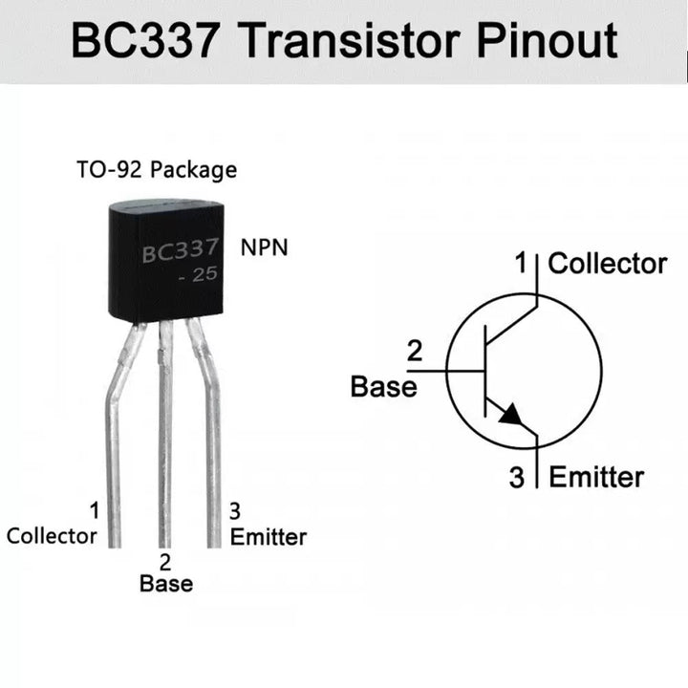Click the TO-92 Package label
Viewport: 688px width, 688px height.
pos(157,171)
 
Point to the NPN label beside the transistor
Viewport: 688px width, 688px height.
pos(264,248)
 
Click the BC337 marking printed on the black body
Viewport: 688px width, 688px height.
pos(181,253)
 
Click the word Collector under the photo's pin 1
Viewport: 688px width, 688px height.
pos(52,535)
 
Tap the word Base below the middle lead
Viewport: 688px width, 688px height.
pos(166,583)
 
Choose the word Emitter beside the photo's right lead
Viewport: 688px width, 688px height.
pos(269,536)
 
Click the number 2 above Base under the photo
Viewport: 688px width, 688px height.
pos(165,562)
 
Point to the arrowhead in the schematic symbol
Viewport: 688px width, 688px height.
pos(510,415)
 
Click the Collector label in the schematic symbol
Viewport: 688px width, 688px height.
pos(608,264)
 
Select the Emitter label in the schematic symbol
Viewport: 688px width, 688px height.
pos(597,477)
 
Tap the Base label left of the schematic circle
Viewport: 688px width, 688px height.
pos(384,387)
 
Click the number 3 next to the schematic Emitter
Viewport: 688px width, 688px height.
pos(517,478)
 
